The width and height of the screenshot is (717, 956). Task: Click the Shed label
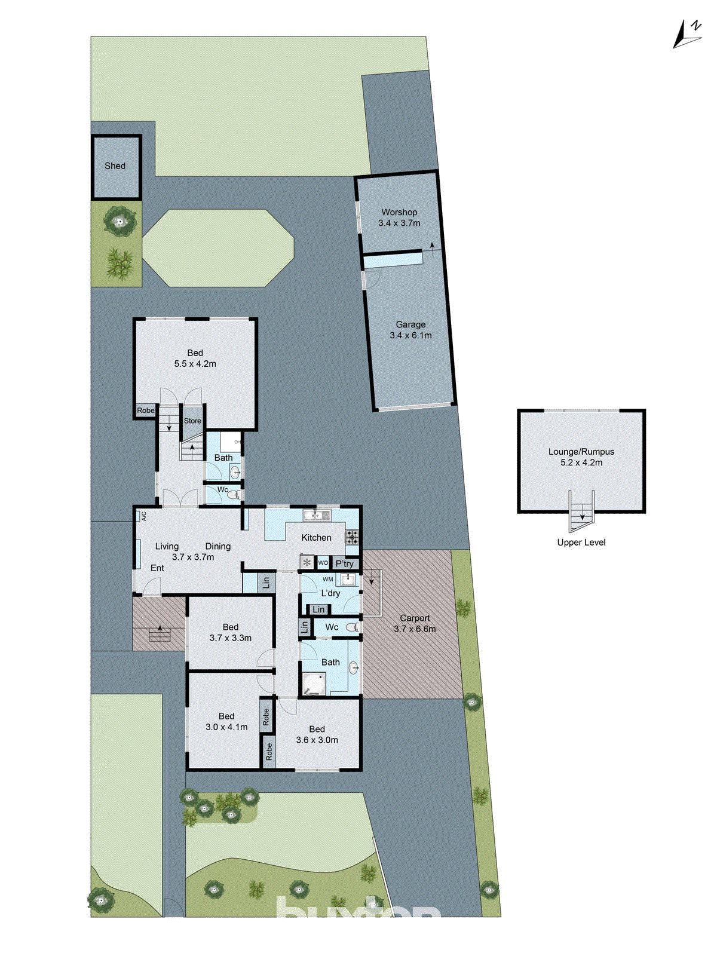tap(115, 166)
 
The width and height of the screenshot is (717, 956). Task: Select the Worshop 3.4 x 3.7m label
tap(399, 217)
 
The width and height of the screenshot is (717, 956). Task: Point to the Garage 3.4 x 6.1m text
tap(410, 330)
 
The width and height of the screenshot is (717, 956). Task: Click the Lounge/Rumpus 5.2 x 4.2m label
tap(581, 457)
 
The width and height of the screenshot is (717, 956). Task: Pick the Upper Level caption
tap(581, 543)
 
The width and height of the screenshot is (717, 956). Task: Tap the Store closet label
tap(192, 421)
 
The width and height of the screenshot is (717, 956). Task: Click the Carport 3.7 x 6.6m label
tap(415, 623)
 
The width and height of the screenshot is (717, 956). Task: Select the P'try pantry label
tap(345, 563)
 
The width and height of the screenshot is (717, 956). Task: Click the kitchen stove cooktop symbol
tap(352, 537)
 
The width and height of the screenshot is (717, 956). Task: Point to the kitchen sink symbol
tap(317, 515)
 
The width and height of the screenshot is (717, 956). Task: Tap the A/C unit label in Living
tap(143, 516)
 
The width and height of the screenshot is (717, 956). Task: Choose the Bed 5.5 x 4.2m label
tap(195, 358)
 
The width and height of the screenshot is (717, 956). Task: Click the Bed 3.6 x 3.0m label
tap(317, 734)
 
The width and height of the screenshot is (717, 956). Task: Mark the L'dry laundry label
tap(330, 593)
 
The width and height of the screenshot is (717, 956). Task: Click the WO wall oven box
tap(323, 563)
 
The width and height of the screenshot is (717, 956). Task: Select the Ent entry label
tap(157, 568)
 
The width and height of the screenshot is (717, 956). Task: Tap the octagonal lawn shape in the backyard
tap(219, 248)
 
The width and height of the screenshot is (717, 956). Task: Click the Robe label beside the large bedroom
tap(146, 410)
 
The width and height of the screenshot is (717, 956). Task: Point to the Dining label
tap(218, 546)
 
